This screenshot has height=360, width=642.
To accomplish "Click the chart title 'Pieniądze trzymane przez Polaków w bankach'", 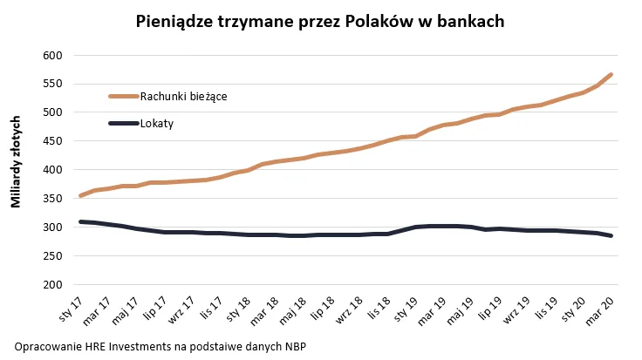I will (x=320, y=22).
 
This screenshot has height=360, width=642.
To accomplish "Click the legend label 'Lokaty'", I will (x=157, y=123).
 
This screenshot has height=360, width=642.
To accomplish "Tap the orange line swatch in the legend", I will (x=123, y=96).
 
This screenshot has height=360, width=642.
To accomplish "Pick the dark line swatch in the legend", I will (x=123, y=123).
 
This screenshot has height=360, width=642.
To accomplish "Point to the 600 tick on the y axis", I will (x=54, y=55).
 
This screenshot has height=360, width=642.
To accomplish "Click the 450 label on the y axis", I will (x=54, y=141).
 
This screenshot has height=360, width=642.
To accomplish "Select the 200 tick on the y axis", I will (x=54, y=284).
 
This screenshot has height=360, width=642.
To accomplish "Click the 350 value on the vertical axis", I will (x=54, y=199).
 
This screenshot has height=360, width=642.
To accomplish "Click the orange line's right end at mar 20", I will (x=611, y=75).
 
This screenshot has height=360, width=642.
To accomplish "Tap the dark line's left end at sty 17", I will (x=80, y=221).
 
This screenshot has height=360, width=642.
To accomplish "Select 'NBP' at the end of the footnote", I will (x=294, y=346).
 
